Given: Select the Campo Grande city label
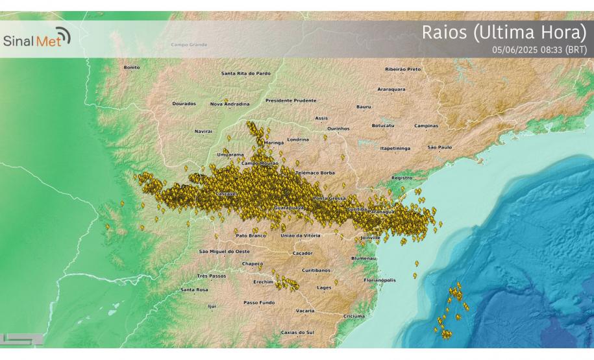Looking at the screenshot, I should point(189,45).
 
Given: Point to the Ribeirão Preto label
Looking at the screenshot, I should point(403,69).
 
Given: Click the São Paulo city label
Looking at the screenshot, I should point(439,147).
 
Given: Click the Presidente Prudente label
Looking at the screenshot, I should point(291,101).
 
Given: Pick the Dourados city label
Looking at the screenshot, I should point(184,103).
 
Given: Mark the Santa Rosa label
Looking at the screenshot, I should point(195,289).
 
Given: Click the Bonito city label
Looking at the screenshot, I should point(131,67).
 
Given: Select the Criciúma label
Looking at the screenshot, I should point(354,316).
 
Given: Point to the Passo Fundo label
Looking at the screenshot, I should point(258,302).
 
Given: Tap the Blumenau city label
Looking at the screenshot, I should point(364,258).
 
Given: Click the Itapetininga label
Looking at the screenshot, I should point(395,148).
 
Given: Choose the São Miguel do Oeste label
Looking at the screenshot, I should point(224,250).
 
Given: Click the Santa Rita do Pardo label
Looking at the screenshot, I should point(246,73).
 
